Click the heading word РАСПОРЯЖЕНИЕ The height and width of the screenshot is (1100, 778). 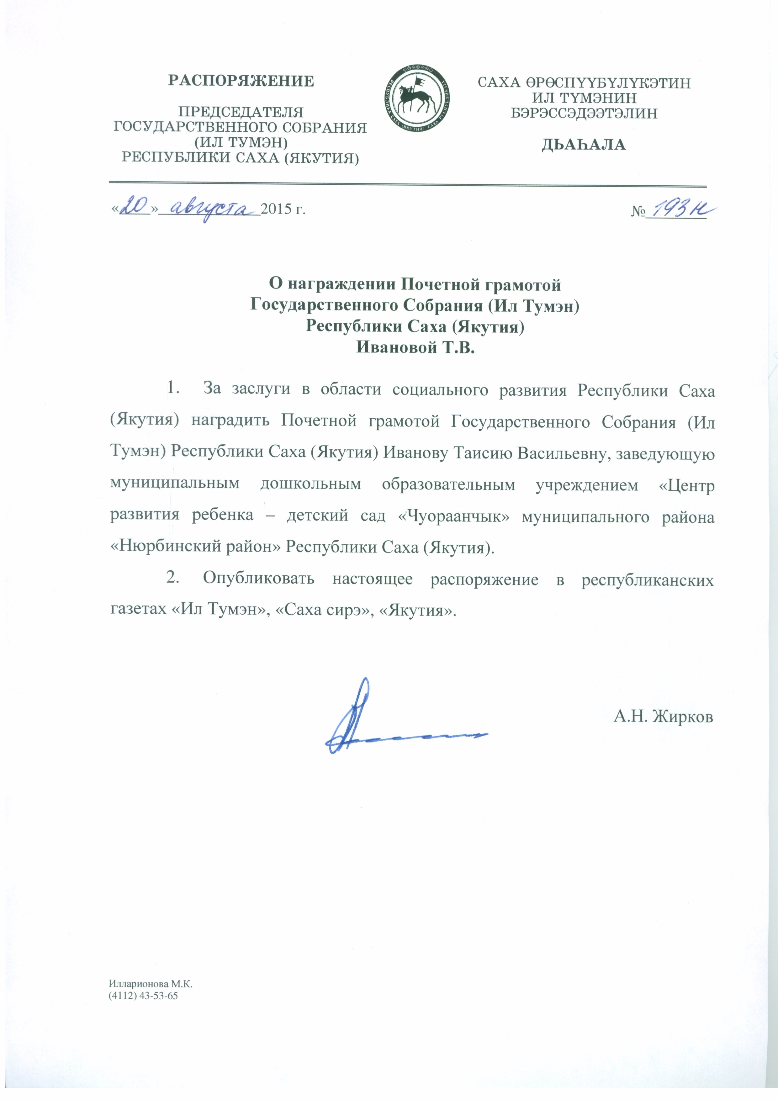click(241, 81)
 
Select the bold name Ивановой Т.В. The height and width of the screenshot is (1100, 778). click(415, 347)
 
